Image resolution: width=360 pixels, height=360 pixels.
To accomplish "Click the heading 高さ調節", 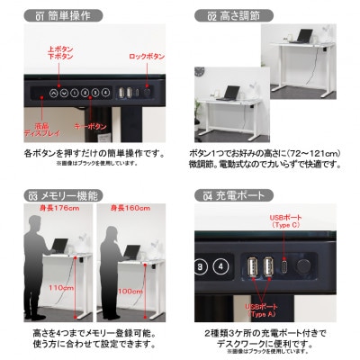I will coord(242,16).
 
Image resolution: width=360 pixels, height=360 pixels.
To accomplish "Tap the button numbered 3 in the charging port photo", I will coord(200,265).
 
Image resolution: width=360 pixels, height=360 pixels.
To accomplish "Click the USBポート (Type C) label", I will coord(286,222).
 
